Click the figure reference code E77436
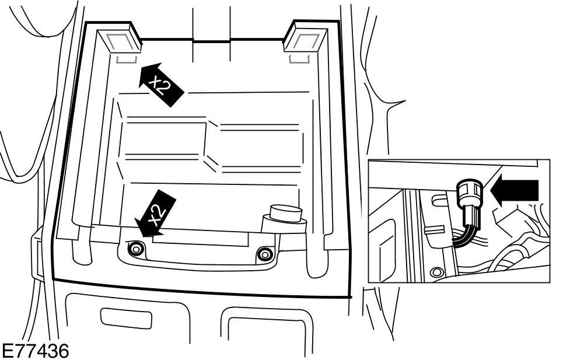point(35,351)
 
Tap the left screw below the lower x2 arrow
point(136,250)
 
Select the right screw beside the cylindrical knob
point(265,253)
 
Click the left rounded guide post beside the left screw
point(79,251)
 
